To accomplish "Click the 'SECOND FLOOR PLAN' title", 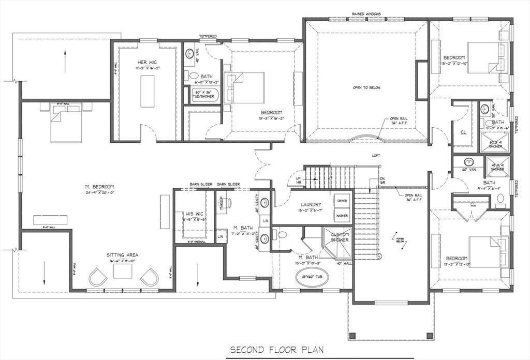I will tap(277, 350).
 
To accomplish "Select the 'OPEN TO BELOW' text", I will tap(366, 88).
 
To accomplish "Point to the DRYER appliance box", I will tap(342, 201).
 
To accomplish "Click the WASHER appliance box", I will tap(342, 215).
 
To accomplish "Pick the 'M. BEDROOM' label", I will tap(100, 187).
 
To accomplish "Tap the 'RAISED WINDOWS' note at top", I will tap(366, 14).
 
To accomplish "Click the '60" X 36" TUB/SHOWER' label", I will tap(203, 94).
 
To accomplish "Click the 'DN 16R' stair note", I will tap(382, 181).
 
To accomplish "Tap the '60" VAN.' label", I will tap(467, 170).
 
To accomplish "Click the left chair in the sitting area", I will tap(98, 277).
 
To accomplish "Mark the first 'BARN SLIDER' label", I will tap(199, 184).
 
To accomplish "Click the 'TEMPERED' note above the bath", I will tap(208, 36).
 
